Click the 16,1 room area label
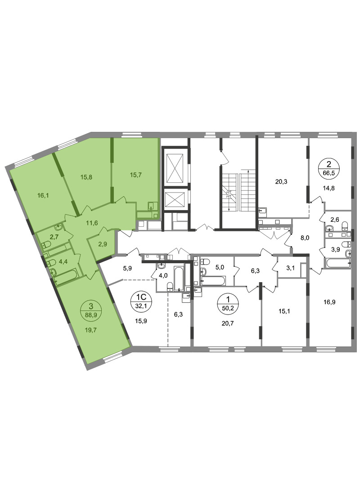click(x=43, y=196)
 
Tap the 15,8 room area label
click(x=86, y=177)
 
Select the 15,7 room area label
click(x=135, y=175)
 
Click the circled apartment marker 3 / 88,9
click(x=90, y=310)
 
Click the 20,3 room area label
click(x=281, y=182)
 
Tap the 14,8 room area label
click(x=328, y=188)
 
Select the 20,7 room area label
click(x=228, y=323)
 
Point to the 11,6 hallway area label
click(x=92, y=222)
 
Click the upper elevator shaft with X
click(x=175, y=167)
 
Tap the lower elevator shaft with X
click(x=175, y=199)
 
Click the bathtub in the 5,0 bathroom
click(x=213, y=281)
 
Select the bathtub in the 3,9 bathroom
click(x=338, y=263)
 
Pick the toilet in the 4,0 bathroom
click(x=170, y=286)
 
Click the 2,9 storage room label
click(x=103, y=244)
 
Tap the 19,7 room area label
click(x=91, y=330)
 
